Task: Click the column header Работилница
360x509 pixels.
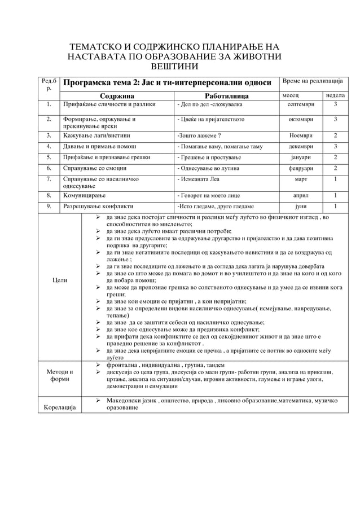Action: pyautogui.click(x=227, y=95)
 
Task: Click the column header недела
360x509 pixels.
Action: pyautogui.click(x=335, y=95)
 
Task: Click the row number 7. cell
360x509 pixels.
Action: pyautogui.click(x=50, y=179)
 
